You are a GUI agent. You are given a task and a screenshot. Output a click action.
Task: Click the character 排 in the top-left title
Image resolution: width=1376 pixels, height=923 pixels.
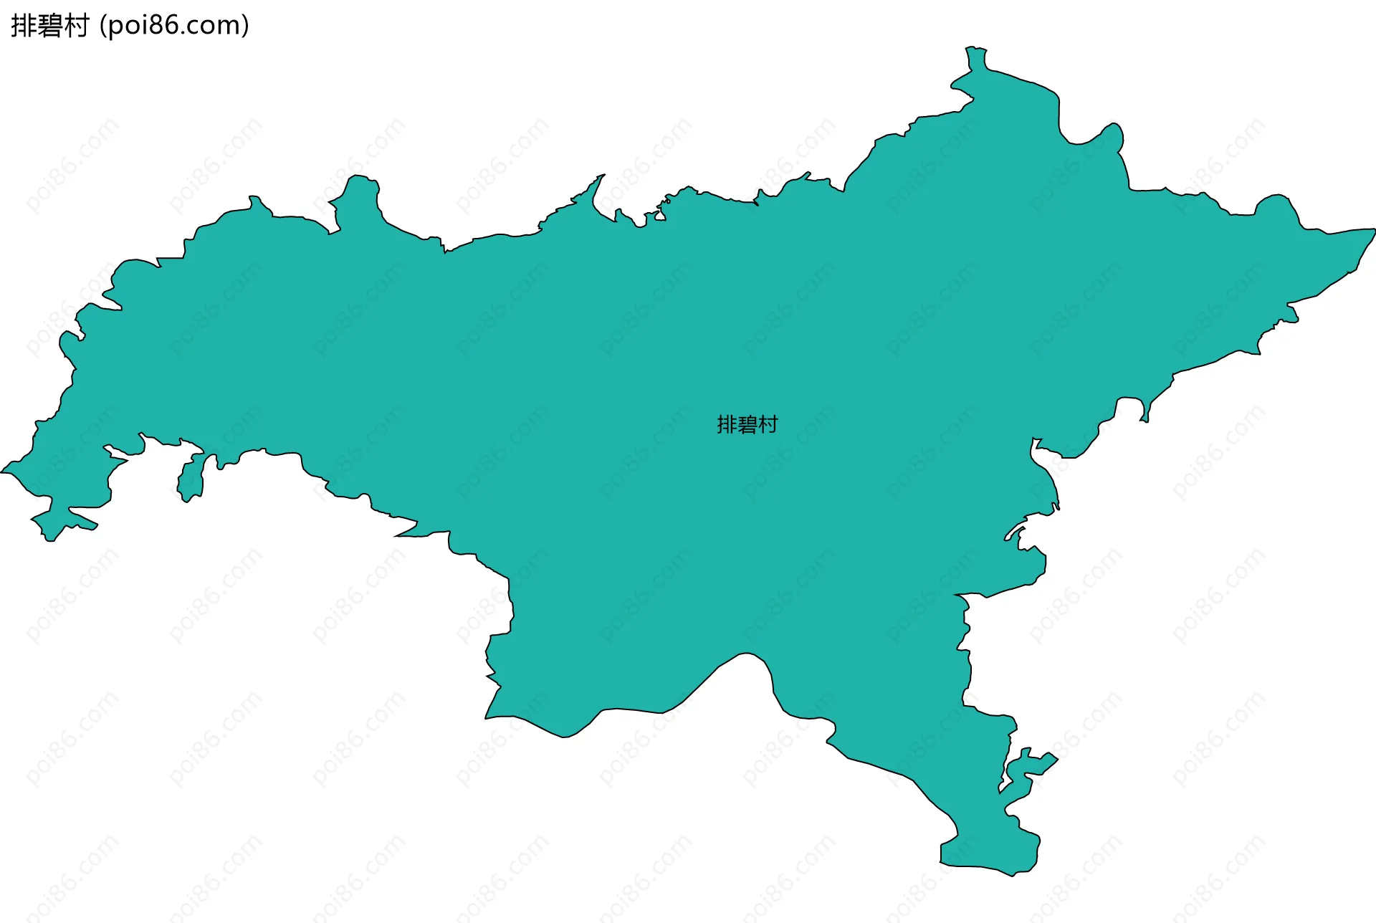[24, 26]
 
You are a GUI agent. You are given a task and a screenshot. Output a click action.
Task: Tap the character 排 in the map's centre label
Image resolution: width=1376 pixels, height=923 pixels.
[727, 425]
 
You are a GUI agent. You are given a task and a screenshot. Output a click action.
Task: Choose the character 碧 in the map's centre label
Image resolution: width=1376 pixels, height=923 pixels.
[747, 425]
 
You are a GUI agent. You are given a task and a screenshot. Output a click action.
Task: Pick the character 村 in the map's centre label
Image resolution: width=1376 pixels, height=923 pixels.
[768, 425]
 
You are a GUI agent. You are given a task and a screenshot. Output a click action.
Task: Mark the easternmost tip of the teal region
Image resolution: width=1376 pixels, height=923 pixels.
[1374, 230]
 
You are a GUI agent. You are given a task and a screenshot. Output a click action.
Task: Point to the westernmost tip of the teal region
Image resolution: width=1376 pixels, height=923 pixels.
[2, 472]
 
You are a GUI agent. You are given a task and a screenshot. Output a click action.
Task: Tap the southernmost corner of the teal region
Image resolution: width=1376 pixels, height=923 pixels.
[1013, 875]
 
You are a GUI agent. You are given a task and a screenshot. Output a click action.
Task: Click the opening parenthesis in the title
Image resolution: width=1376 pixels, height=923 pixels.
[103, 27]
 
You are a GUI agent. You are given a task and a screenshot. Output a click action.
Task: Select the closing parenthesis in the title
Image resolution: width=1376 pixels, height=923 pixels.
[246, 27]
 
